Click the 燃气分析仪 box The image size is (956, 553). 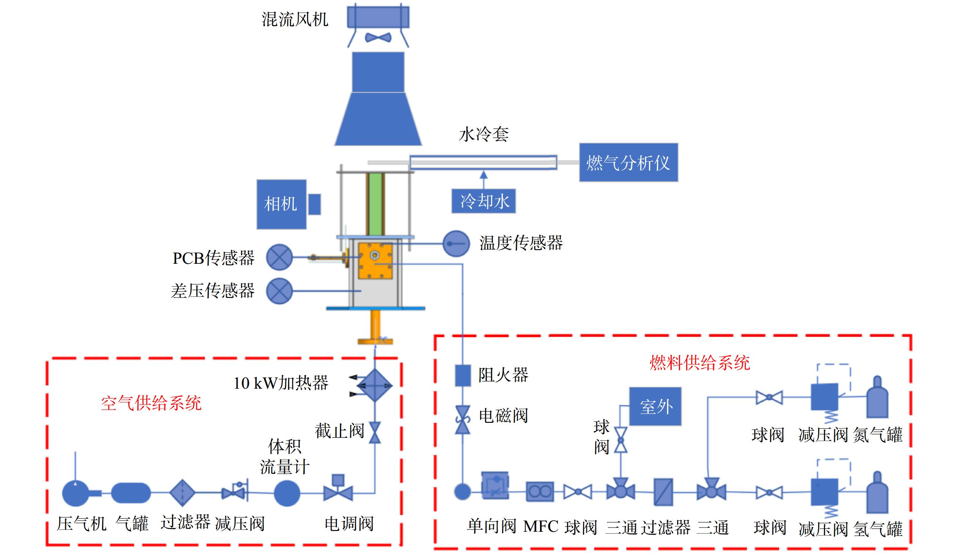628,162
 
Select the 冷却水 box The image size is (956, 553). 484,201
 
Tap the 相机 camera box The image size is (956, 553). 282,204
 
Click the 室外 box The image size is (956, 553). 655,406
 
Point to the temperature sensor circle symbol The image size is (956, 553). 456,244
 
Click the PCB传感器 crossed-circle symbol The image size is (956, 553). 279,257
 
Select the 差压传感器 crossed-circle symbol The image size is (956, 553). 279,291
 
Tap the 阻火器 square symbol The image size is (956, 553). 463,375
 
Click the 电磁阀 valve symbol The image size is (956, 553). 463,420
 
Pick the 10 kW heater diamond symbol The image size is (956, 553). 375,386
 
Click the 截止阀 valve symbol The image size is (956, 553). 375,432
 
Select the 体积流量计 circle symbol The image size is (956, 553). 287,493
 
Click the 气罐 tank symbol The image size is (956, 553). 131,493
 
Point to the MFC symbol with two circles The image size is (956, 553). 540,492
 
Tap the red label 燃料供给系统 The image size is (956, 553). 700,363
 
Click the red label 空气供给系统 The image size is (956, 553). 151,403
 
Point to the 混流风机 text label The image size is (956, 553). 295,19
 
